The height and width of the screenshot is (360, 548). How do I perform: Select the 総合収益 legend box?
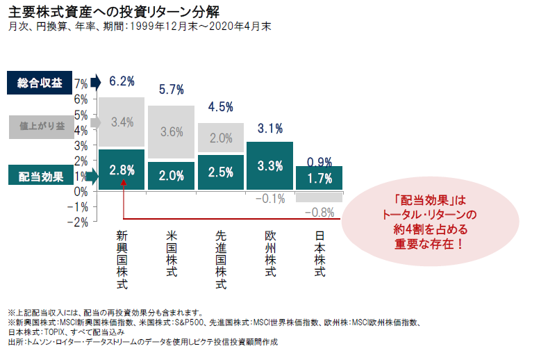(x=40, y=83)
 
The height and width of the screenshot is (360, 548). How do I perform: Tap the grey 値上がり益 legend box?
(x=40, y=126)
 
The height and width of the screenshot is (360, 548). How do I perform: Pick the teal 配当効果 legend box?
(x=40, y=177)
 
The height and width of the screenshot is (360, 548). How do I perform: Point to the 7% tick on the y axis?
(x=81, y=83)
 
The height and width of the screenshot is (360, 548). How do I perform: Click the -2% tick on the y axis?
(x=78, y=222)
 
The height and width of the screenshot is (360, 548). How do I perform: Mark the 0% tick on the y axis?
(x=81, y=191)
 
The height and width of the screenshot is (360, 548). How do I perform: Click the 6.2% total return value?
(x=122, y=81)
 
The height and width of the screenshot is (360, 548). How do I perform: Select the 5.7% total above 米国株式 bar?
(x=171, y=90)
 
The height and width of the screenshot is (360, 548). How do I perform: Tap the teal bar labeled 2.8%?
(x=122, y=170)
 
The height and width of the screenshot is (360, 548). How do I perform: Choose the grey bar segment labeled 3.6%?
(x=171, y=132)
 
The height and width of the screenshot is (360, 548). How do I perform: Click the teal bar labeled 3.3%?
(x=269, y=165)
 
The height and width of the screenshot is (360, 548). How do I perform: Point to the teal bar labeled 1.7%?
(x=319, y=178)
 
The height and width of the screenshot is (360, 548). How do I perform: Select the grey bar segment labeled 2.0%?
(x=220, y=138)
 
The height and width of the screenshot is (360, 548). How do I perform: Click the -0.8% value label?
(x=319, y=212)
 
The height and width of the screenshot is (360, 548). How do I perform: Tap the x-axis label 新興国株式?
(x=122, y=259)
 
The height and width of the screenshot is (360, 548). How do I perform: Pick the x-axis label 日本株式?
(x=319, y=254)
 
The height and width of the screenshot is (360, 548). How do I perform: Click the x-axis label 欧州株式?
(x=270, y=254)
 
